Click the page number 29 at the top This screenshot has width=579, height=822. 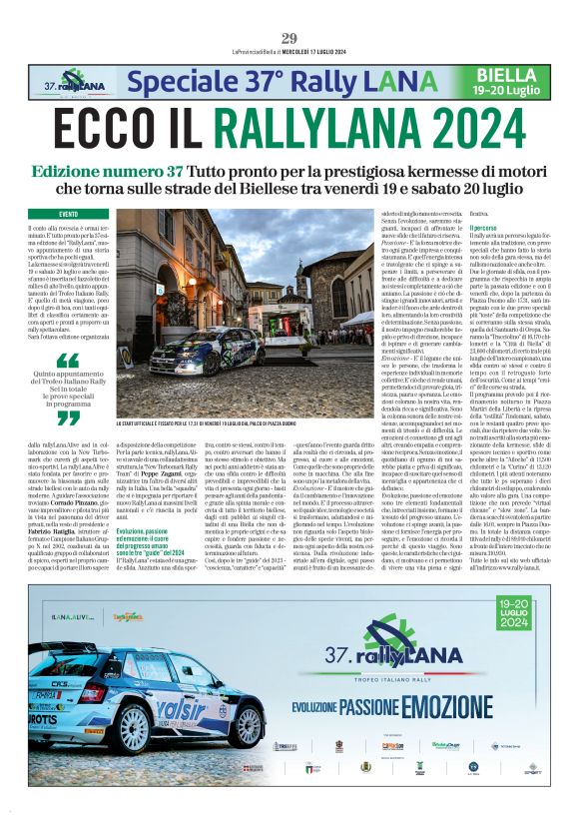pyautogui.click(x=289, y=39)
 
